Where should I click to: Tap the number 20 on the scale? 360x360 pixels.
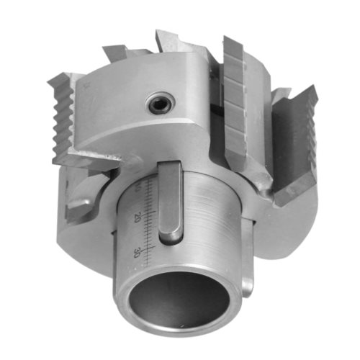pos(137,217)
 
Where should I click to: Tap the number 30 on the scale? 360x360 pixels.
pos(137,253)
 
